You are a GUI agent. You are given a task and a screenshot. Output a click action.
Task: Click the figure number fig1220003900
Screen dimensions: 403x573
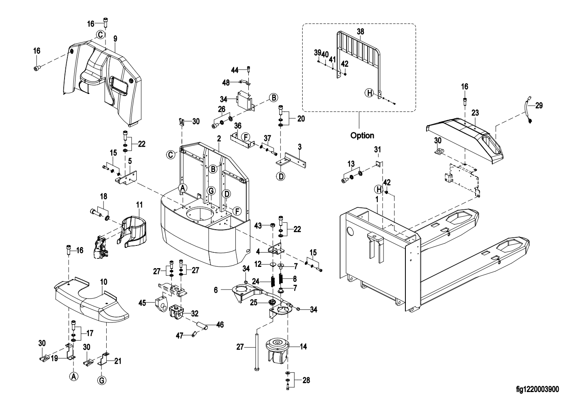point(537,390)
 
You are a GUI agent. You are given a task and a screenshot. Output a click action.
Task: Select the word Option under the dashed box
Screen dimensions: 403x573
point(362,135)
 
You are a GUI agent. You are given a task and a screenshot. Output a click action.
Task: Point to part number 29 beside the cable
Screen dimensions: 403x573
point(539,106)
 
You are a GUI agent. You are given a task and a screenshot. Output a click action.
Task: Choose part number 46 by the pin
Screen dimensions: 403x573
point(220,324)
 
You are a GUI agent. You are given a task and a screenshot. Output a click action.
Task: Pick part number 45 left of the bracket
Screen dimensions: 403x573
point(142,302)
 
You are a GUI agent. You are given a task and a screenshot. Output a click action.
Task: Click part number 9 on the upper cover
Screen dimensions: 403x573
point(115,39)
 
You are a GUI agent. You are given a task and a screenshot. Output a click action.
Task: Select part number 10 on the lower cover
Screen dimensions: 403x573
point(103,281)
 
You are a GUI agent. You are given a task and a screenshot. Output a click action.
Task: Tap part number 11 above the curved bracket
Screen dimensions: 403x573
point(139,205)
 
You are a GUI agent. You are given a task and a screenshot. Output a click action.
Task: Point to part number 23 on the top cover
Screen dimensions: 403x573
point(475,113)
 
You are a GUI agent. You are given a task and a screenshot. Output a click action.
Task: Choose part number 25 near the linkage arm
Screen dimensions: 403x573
point(254,302)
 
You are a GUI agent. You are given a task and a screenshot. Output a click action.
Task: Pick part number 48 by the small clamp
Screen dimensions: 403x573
point(226,82)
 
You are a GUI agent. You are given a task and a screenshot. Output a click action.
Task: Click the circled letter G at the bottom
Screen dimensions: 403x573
point(103,380)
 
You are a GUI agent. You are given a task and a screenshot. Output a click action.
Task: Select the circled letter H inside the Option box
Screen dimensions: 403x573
point(369,93)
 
